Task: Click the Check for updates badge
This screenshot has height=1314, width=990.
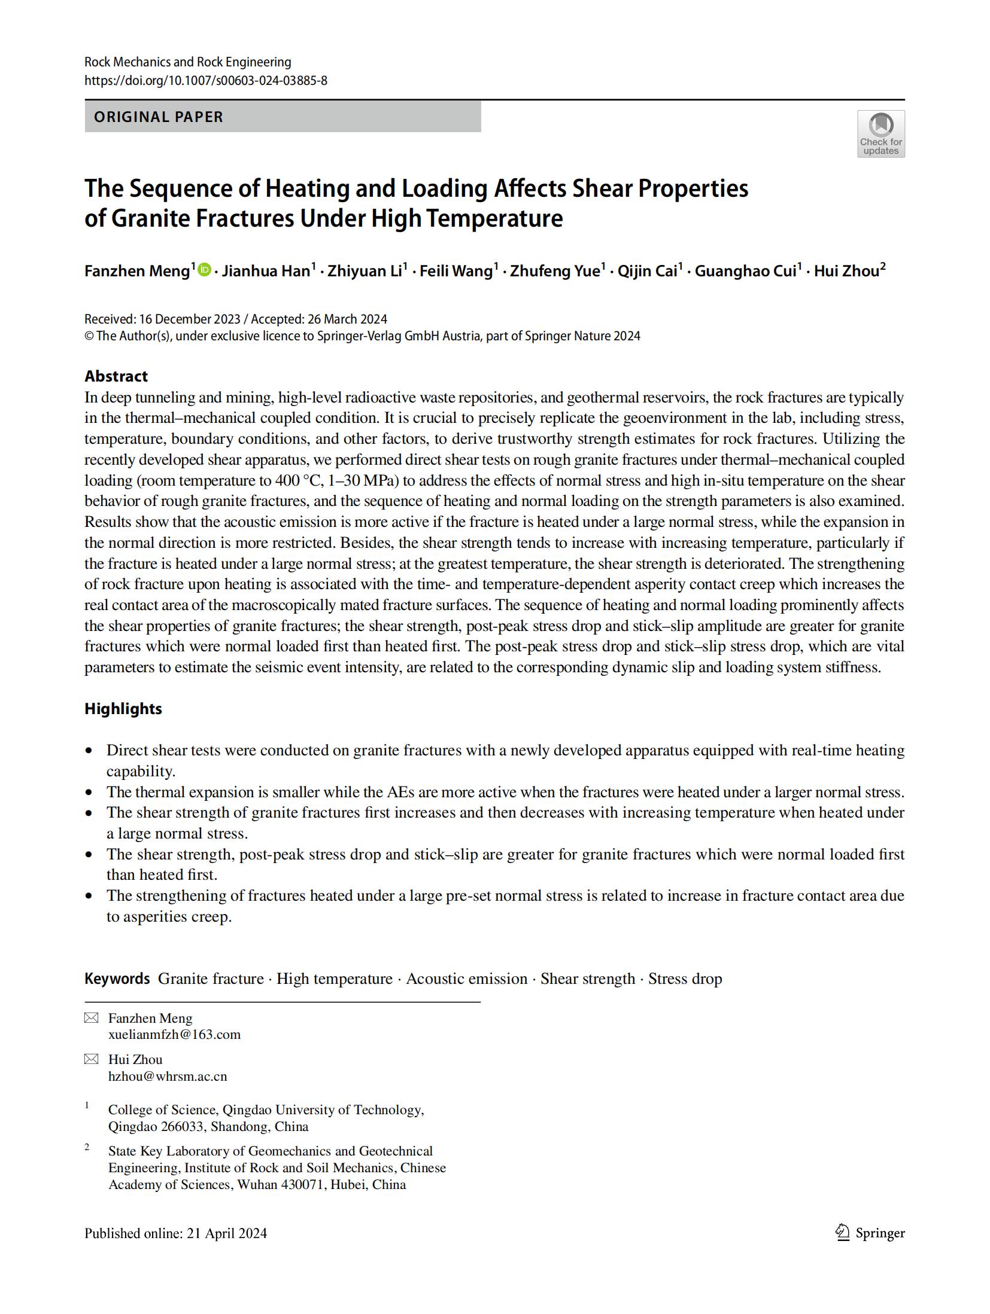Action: [x=880, y=133]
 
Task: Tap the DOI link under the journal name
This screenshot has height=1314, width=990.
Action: [x=205, y=80]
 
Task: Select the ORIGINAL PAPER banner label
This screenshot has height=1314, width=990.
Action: [x=159, y=117]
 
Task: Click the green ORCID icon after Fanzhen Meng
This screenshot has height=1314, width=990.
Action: [x=204, y=270]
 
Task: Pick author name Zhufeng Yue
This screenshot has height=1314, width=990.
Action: [x=554, y=271]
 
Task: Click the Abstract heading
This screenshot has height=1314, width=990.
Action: [x=116, y=376]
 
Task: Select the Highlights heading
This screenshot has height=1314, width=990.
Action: [x=123, y=709]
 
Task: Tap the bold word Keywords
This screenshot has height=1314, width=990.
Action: [x=117, y=978]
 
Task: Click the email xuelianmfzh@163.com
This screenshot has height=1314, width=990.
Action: [x=174, y=1034]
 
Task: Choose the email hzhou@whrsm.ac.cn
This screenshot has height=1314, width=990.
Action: [x=168, y=1076]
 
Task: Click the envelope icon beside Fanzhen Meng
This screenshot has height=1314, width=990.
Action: [x=91, y=1018]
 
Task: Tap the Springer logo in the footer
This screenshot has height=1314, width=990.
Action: [x=870, y=1233]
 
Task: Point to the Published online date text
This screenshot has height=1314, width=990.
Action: [x=175, y=1233]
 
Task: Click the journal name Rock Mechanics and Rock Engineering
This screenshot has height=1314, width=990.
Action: [x=187, y=62]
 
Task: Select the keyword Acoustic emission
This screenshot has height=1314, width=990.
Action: [x=466, y=978]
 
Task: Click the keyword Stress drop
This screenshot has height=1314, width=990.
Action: [x=685, y=978]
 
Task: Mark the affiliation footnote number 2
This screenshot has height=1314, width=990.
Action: [x=87, y=1147]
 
